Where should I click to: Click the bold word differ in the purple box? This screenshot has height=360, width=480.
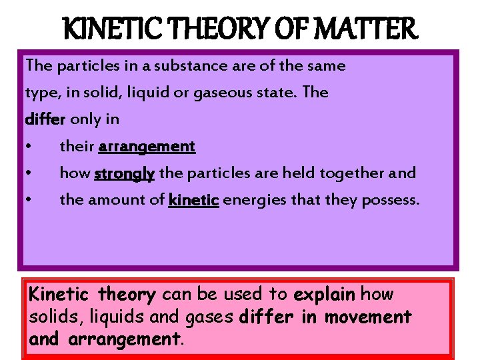[45, 119]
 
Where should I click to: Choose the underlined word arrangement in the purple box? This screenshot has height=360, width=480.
[147, 146]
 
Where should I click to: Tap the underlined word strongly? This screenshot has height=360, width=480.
[125, 173]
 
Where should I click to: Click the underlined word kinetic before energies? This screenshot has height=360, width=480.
[194, 199]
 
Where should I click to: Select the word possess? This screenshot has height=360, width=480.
[391, 200]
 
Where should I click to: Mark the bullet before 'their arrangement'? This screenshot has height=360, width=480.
[29, 147]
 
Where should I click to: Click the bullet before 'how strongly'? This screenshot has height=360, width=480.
[29, 173]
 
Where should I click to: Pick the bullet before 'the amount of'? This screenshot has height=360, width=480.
[29, 200]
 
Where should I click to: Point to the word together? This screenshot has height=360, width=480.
[352, 173]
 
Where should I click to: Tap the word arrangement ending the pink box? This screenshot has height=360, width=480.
[123, 339]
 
